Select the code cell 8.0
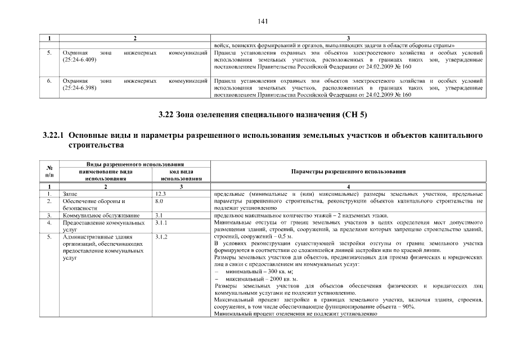pyautogui.click(x=159, y=201)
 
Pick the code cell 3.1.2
pyautogui.click(x=161, y=237)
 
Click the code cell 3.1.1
pyautogui.click(x=161, y=223)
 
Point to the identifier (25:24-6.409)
pyautogui.click(x=79, y=59)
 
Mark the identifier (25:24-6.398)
pyautogui.click(x=79, y=88)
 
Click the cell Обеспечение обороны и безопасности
pyautogui.click(x=93, y=204)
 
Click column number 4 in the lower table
pyautogui.click(x=349, y=186)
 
